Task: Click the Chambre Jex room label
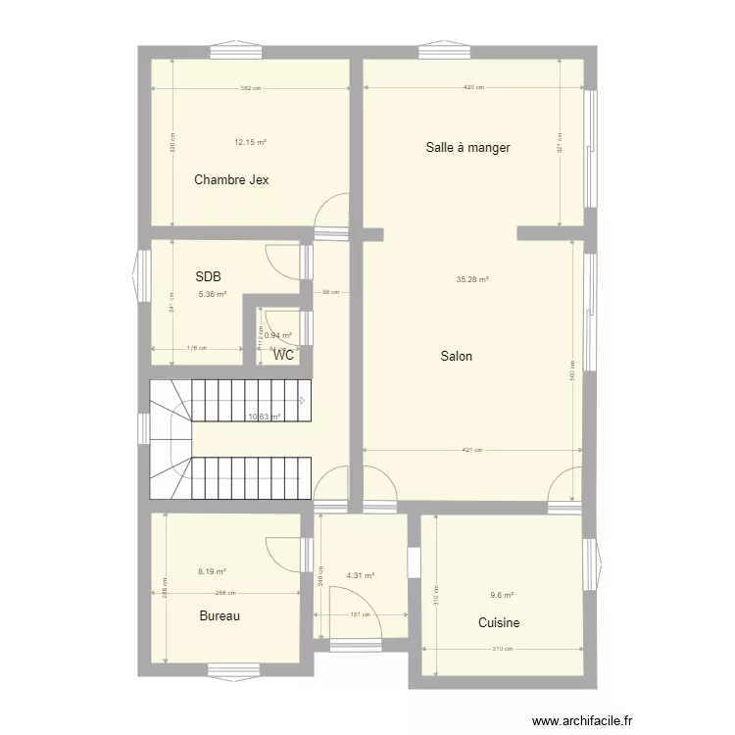(x=231, y=179)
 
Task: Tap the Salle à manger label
(x=467, y=148)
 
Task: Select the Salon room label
(x=456, y=356)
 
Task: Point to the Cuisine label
(x=499, y=622)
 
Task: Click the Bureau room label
(x=220, y=616)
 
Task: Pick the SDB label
(x=208, y=277)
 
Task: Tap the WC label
(x=284, y=355)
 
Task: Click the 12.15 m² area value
(x=250, y=142)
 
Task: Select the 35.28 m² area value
(x=472, y=279)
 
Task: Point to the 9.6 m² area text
(x=502, y=595)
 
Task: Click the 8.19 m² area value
(x=212, y=571)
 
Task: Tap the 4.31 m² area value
(x=361, y=575)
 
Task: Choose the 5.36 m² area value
(x=213, y=293)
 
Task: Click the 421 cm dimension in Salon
(x=471, y=451)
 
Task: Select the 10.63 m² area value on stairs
(x=265, y=416)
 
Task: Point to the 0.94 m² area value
(x=278, y=335)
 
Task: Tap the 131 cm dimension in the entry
(x=361, y=615)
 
